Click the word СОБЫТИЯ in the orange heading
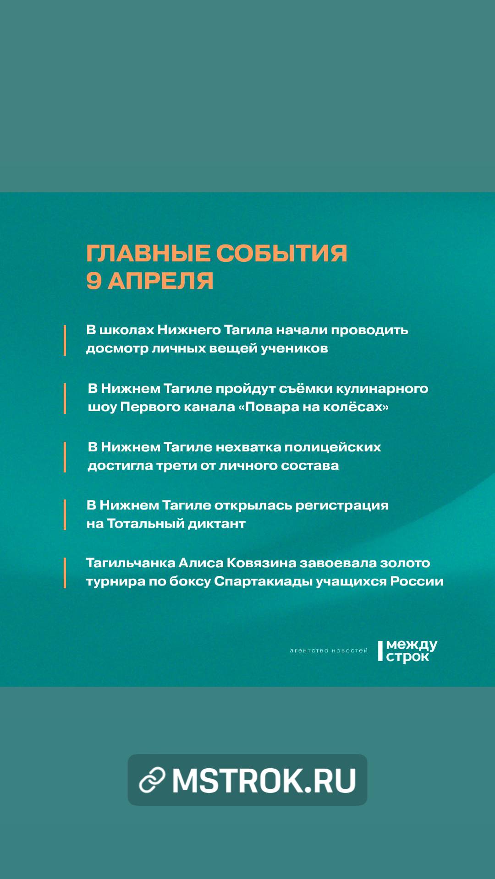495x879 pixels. point(281,253)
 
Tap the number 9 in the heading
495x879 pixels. point(93,281)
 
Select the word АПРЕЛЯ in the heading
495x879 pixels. point(160,281)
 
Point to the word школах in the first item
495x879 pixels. point(126,330)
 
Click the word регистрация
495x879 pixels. point(342,505)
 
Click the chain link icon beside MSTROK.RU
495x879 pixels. point(152,780)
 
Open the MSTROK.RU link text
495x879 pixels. point(264,780)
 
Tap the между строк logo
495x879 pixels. point(407,651)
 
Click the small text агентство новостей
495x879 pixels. point(329,651)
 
